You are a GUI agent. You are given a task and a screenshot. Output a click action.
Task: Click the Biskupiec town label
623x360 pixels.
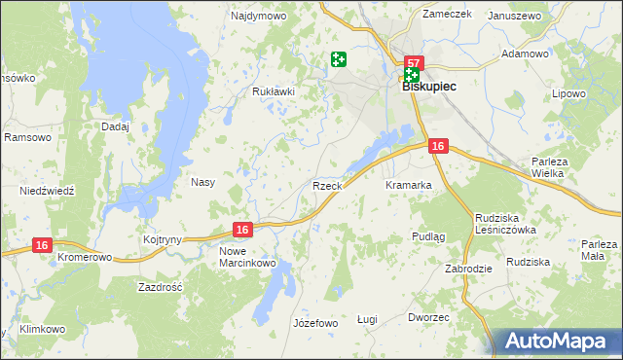coord(429,86)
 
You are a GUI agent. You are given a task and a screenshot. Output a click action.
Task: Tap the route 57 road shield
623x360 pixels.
coord(413,62)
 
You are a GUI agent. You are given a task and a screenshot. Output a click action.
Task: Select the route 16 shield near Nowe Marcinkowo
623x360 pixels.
coord(243,230)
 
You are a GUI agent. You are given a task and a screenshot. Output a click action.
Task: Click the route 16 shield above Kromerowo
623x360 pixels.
coord(41,246)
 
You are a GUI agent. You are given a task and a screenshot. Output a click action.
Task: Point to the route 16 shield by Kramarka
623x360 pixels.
coord(438,146)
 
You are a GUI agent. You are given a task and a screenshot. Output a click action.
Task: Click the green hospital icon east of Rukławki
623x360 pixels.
coord(339,60)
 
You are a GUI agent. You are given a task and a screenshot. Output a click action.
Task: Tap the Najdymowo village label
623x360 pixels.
coord(257,17)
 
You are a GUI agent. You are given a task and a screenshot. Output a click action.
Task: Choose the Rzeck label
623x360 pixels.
coord(325,185)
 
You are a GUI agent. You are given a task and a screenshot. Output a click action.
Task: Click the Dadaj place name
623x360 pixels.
coord(115,126)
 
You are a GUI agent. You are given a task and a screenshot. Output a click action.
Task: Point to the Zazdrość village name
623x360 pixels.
coord(162,288)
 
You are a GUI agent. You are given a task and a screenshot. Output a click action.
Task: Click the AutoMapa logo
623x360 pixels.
coord(559,341)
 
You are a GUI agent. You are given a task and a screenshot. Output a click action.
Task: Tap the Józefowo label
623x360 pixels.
coord(314,322)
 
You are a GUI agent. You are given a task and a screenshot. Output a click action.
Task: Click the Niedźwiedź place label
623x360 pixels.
coord(48,191)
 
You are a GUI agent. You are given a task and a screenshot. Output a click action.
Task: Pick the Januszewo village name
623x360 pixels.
coord(514,17)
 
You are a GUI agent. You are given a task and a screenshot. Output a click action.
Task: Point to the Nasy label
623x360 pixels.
coord(202,182)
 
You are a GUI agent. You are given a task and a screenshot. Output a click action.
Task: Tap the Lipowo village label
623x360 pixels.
coord(569,94)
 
